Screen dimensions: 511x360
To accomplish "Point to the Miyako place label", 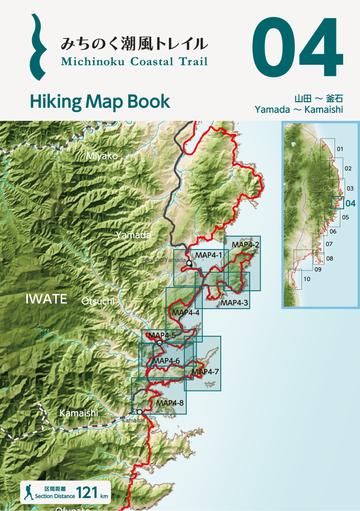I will [x=101, y=156].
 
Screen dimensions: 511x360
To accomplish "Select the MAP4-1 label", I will [x=205, y=255].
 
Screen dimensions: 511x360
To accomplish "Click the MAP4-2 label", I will [x=245, y=245].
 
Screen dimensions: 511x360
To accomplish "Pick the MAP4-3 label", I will [x=234, y=302].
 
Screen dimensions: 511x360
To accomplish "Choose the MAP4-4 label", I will [x=185, y=313].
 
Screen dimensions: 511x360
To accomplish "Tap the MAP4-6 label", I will [x=165, y=360].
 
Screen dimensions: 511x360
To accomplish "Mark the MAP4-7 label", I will [x=203, y=372].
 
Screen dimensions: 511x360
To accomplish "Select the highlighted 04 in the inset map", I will [x=350, y=202].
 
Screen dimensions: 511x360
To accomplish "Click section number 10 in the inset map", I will [x=307, y=279].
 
